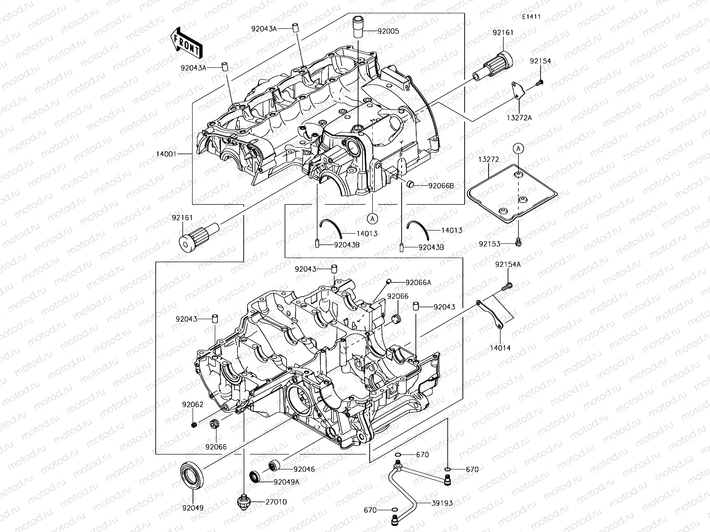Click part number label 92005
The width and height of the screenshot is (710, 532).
[x=388, y=31]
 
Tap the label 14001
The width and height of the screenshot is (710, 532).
[x=166, y=154]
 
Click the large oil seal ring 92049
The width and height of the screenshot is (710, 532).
[x=192, y=475]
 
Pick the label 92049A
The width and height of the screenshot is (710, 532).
[x=286, y=482]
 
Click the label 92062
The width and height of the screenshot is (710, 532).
[x=192, y=405]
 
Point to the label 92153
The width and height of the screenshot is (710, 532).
[x=489, y=244]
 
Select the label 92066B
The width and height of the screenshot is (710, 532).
[x=441, y=186]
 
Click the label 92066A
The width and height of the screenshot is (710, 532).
[x=418, y=282]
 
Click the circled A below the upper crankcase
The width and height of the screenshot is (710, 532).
[x=372, y=218]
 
